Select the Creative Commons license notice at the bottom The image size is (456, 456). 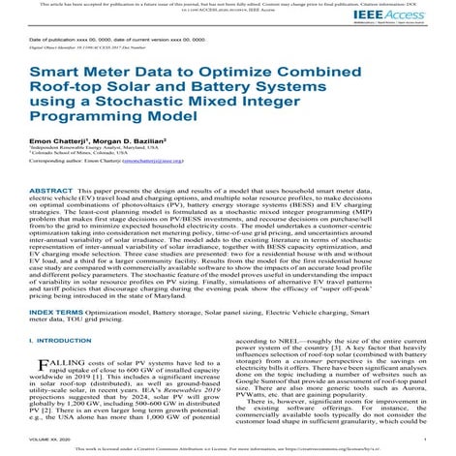click(x=228, y=450)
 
